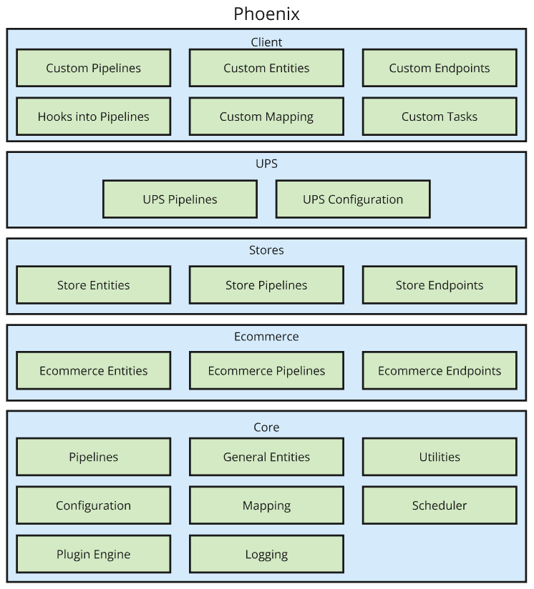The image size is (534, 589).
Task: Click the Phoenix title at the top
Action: click(x=266, y=14)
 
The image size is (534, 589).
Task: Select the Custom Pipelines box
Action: click(x=94, y=68)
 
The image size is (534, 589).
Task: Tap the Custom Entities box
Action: click(x=266, y=68)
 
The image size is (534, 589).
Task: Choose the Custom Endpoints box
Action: click(x=440, y=68)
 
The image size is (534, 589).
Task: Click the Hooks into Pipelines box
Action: click(x=94, y=117)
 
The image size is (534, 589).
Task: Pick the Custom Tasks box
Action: click(x=440, y=117)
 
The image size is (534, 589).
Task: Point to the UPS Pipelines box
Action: click(x=180, y=199)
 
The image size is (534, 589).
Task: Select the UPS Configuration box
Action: click(x=353, y=199)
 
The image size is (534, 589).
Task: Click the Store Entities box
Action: click(x=94, y=285)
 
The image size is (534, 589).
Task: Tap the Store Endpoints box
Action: click(x=440, y=285)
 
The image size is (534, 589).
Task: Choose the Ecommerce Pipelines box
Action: click(x=266, y=371)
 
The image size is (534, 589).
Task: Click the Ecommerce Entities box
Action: click(x=94, y=371)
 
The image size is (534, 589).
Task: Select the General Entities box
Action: click(x=266, y=457)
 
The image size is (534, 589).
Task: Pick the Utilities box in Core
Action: click(x=440, y=457)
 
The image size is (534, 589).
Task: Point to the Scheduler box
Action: click(x=440, y=505)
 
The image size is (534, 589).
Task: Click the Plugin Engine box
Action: click(x=94, y=554)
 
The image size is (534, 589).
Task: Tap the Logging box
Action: click(x=266, y=554)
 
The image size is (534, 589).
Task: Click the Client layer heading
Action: click(x=266, y=42)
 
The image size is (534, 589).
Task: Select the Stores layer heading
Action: click(x=266, y=250)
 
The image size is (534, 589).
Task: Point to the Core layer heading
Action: click(x=266, y=427)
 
